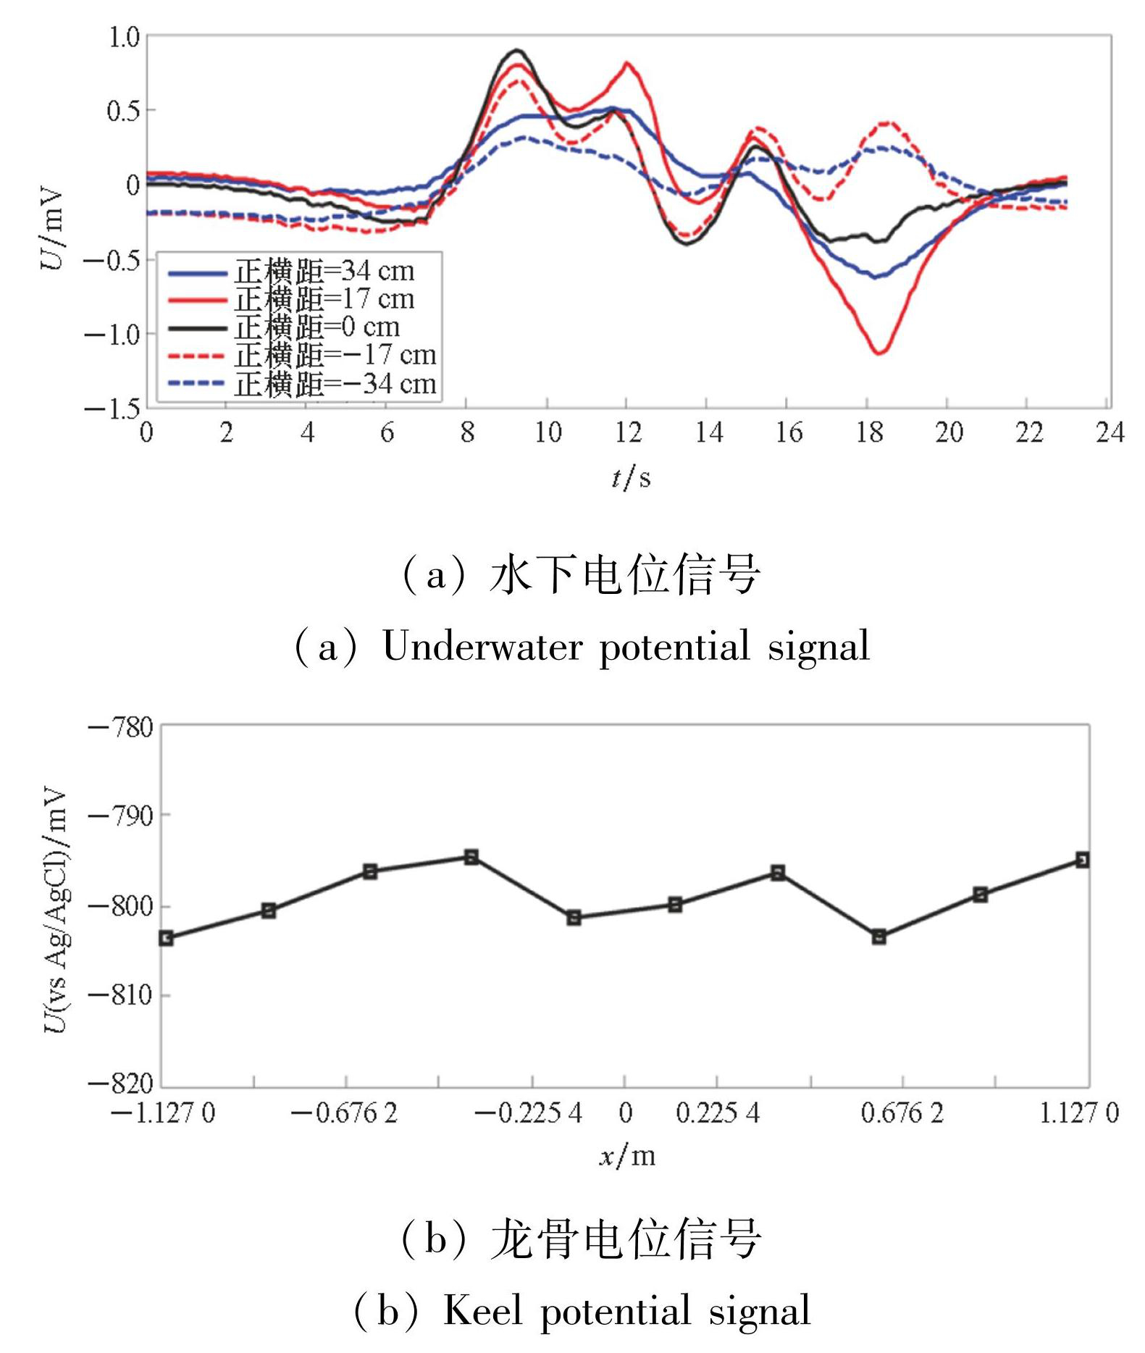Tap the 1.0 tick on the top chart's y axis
(123, 37)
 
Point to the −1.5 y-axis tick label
(112, 409)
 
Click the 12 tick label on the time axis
(628, 433)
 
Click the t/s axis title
(631, 477)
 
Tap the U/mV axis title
(52, 228)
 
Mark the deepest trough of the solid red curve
(879, 353)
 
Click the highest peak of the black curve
(516, 50)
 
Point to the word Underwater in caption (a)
(482, 646)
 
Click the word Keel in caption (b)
(482, 1311)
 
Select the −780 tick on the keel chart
(120, 726)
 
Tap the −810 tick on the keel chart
(120, 995)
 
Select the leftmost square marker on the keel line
(166, 938)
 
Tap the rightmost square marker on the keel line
(1082, 860)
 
